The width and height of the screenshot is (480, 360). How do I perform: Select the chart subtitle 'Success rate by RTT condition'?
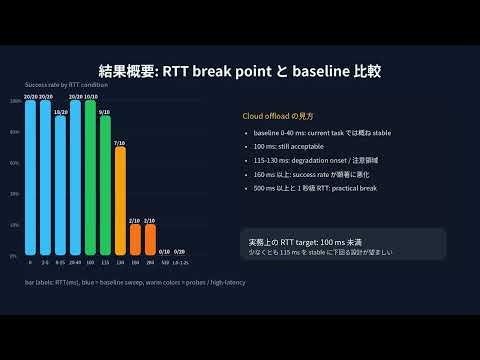[x=66, y=86]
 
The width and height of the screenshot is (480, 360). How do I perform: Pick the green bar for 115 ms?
[x=105, y=185]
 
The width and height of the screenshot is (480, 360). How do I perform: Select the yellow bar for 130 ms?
[x=120, y=201]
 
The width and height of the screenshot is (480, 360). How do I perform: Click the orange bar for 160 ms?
[x=135, y=239]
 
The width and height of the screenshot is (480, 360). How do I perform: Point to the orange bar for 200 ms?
[x=149, y=239]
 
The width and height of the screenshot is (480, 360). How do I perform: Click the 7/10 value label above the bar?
[x=120, y=143]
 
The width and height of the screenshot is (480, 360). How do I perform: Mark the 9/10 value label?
[x=105, y=112]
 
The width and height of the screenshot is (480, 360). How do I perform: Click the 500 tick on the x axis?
[x=164, y=261]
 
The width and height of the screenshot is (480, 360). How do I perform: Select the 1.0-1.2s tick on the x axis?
[x=180, y=261]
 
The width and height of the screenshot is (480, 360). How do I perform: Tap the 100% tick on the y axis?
[x=16, y=101]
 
